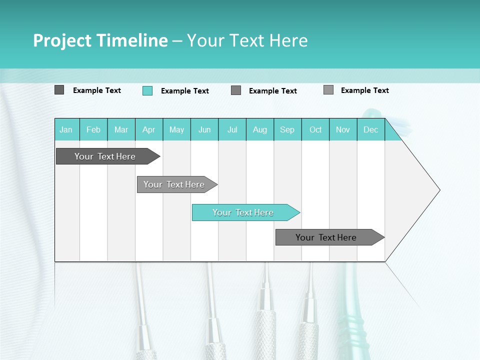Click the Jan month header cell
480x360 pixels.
pyautogui.click(x=66, y=129)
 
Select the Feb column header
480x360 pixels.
pyautogui.click(x=93, y=129)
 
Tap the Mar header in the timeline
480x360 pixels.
pyautogui.click(x=121, y=129)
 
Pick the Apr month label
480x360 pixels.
pyautogui.click(x=149, y=129)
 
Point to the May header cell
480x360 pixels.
pyautogui.click(x=176, y=129)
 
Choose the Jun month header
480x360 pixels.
pyautogui.click(x=204, y=129)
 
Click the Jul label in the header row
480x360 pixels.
pyautogui.click(x=232, y=129)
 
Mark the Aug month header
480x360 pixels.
pyautogui.click(x=260, y=129)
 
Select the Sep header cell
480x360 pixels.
pyautogui.click(x=287, y=129)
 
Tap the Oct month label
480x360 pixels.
pyautogui.click(x=315, y=129)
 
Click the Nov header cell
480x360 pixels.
pyautogui.click(x=343, y=129)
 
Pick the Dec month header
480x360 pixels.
pyautogui.click(x=371, y=129)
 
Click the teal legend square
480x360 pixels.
pyautogui.click(x=147, y=90)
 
